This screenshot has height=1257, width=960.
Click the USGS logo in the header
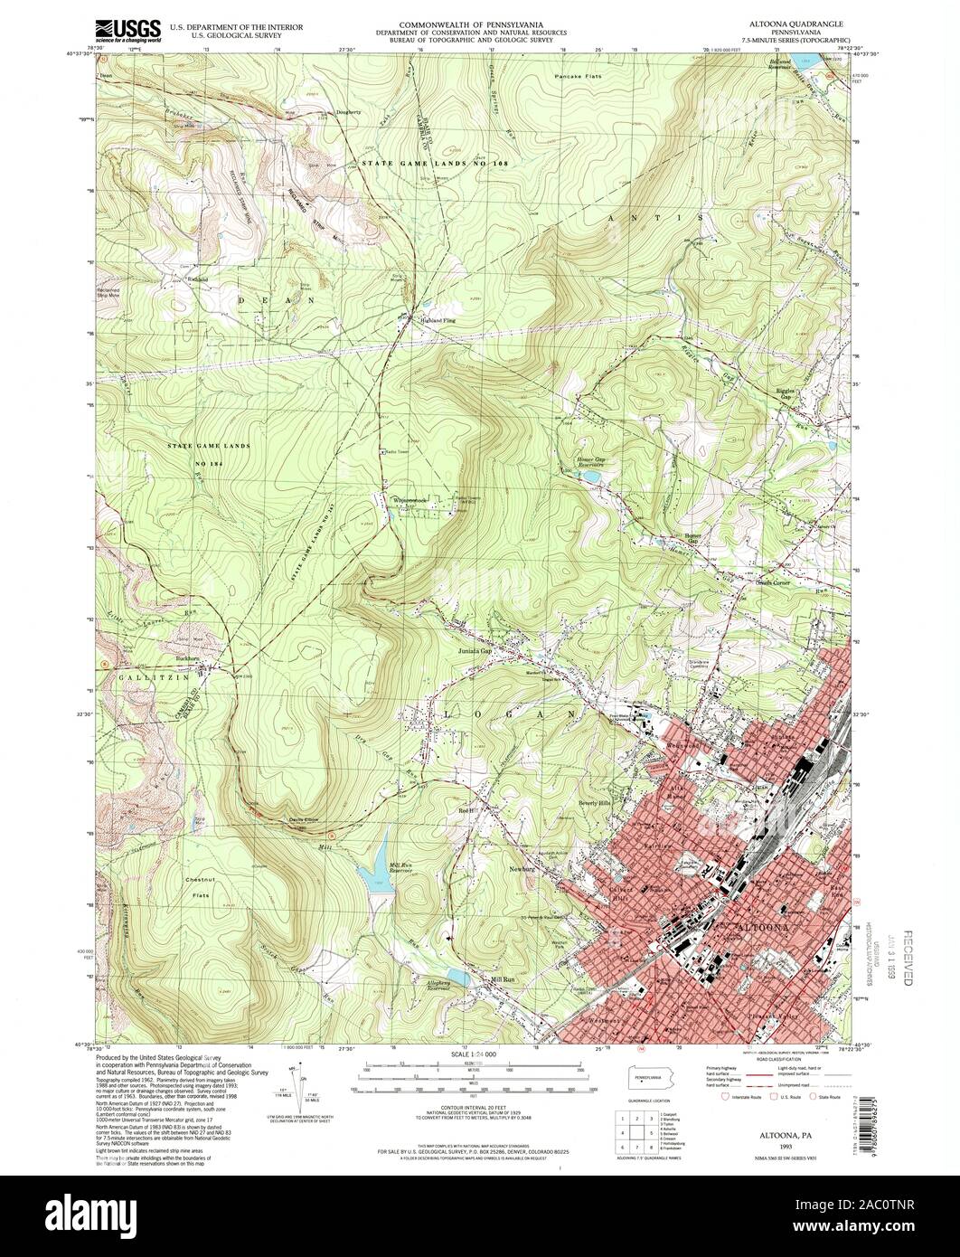[127, 28]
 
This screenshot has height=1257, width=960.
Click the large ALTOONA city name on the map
[761, 929]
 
